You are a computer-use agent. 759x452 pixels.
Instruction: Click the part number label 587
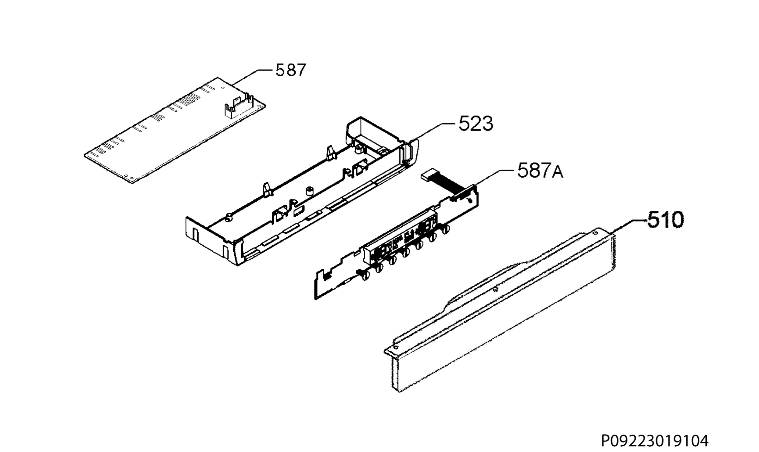[x=291, y=70]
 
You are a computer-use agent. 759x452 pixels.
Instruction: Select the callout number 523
[x=476, y=124]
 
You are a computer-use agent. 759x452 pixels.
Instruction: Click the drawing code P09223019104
[x=655, y=441]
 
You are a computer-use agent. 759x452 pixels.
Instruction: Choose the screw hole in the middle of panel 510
[x=496, y=289]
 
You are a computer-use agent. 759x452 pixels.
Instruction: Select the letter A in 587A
[x=558, y=173]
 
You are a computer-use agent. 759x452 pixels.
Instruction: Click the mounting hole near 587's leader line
[x=223, y=88]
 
